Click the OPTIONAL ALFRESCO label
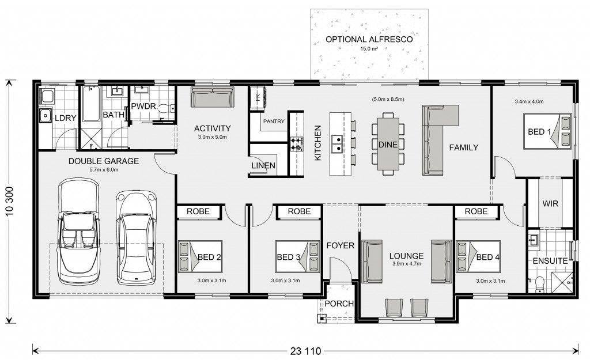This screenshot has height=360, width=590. tap(369, 39)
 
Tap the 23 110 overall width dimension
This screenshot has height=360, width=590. tap(305, 351)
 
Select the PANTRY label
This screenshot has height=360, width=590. tap(274, 122)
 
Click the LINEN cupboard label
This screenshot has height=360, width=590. tap(263, 165)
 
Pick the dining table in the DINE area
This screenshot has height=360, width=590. tap(388, 144)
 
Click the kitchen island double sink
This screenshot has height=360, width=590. tap(336, 144)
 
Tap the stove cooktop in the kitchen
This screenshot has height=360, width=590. tap(296, 144)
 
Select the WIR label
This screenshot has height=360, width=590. tap(550, 204)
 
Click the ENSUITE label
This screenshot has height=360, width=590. tap(550, 261)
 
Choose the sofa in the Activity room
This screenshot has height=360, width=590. tap(212, 97)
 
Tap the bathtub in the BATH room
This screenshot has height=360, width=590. tap(91, 104)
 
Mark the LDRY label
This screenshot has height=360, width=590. tap(66, 118)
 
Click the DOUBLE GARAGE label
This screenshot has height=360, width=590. tap(104, 161)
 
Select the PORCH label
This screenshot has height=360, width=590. tap(339, 304)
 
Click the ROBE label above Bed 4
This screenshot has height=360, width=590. tap(476, 211)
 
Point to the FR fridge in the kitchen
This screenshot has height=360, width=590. tap(258, 98)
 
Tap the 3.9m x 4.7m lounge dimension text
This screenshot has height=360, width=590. tap(407, 264)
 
